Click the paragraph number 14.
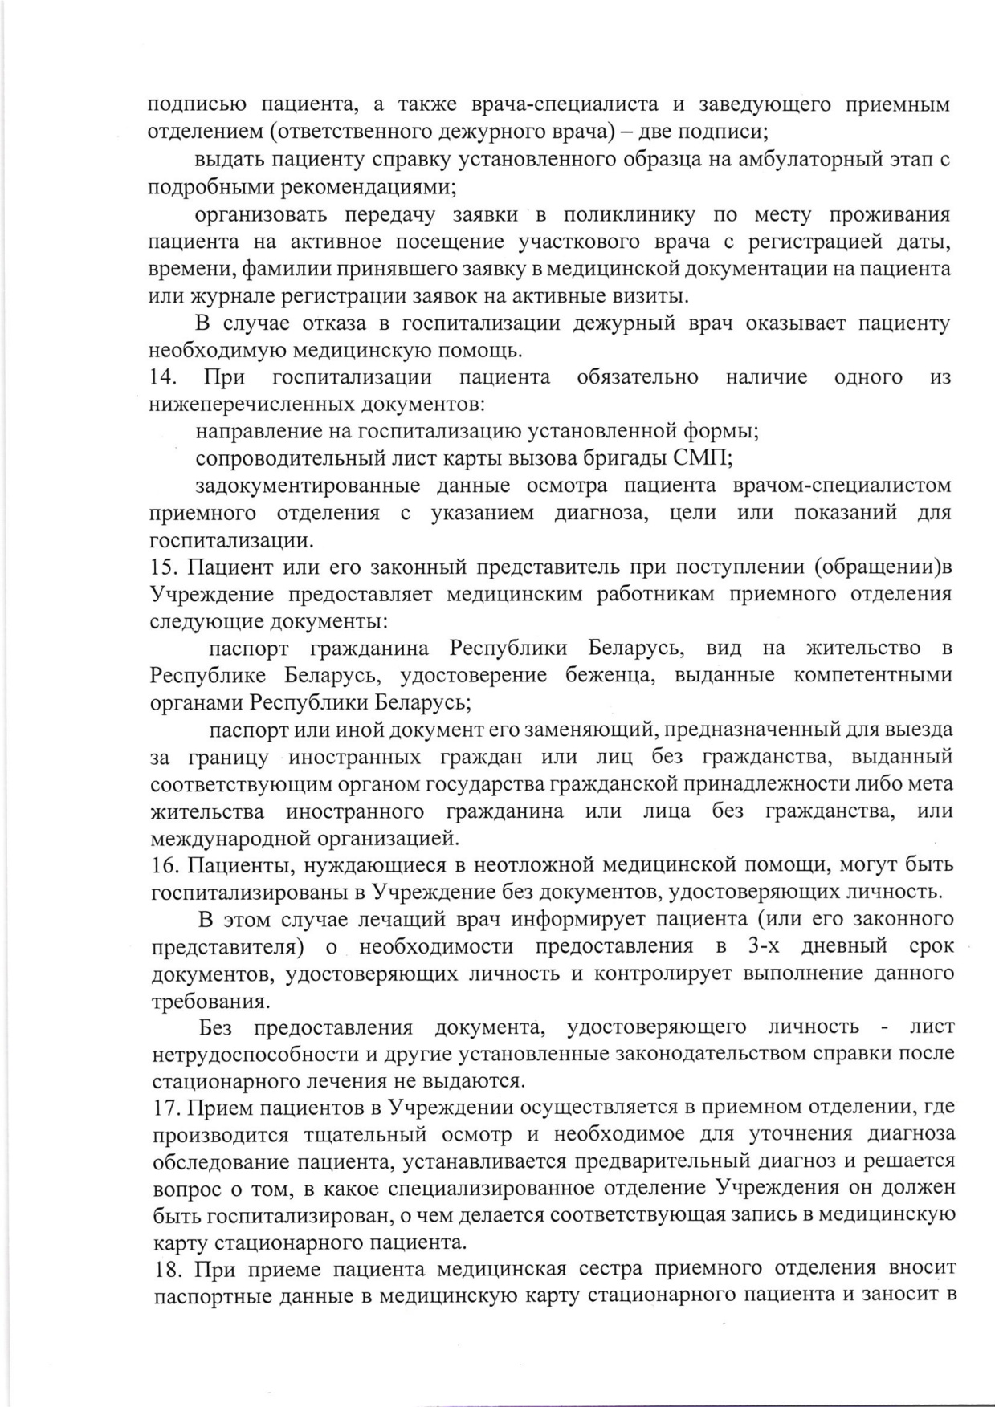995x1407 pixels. click(163, 377)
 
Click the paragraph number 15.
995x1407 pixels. click(163, 567)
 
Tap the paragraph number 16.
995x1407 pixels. click(163, 864)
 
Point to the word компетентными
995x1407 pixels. click(872, 675)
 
